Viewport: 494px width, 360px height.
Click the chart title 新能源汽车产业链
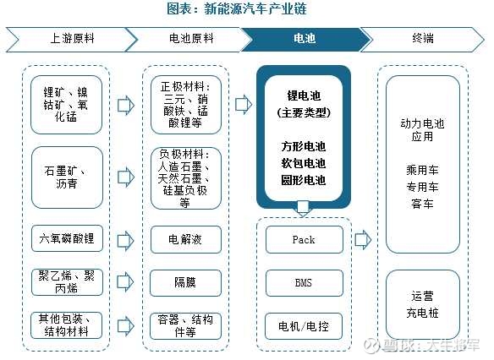[237, 8]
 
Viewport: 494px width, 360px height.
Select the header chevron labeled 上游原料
[72, 40]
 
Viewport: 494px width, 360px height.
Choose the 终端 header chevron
[422, 40]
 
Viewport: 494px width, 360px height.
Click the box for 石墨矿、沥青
[67, 177]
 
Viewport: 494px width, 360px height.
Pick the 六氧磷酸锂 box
[67, 238]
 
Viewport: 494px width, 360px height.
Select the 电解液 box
[185, 239]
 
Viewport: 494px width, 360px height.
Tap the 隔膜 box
[185, 282]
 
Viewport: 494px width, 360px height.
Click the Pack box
[304, 239]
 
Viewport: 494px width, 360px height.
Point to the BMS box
[304, 282]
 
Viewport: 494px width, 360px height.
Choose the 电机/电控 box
[304, 326]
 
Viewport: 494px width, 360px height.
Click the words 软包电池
[304, 163]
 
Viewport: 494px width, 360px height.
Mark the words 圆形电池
[304, 180]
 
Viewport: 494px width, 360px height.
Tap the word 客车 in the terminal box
[422, 204]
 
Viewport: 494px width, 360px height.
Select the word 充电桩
[422, 313]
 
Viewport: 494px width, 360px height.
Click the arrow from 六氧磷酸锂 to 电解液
[126, 241]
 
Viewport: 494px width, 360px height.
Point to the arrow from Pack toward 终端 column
[363, 240]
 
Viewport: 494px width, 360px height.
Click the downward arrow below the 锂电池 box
[303, 209]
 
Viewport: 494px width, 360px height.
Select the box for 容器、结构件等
[185, 326]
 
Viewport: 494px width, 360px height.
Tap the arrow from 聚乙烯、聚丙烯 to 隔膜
[125, 281]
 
